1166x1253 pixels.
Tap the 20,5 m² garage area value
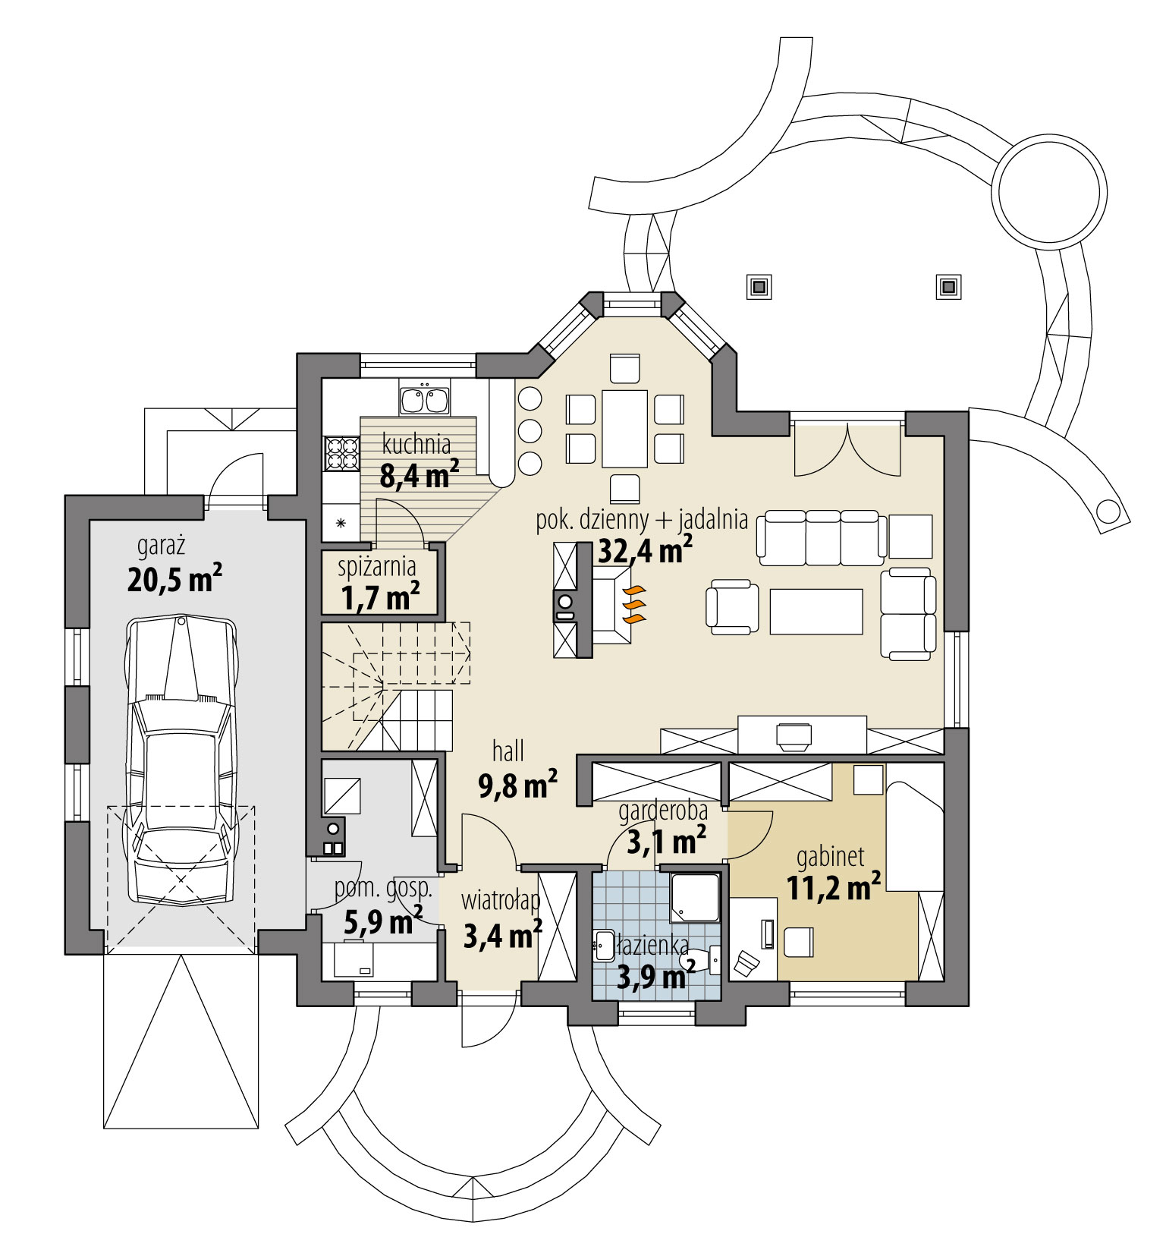174,581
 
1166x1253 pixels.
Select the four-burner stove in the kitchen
341,453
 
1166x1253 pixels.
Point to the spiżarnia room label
376,566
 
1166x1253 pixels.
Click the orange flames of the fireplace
633,604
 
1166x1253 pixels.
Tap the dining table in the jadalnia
624,429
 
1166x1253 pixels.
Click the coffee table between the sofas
816,612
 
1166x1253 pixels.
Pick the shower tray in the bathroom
695,899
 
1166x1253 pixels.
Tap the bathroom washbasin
605,946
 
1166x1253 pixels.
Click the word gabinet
830,858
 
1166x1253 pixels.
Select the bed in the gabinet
915,835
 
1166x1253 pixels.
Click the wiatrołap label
501,901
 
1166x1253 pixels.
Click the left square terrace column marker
758,286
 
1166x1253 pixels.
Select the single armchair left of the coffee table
732,607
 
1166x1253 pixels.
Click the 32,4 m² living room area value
645,551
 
